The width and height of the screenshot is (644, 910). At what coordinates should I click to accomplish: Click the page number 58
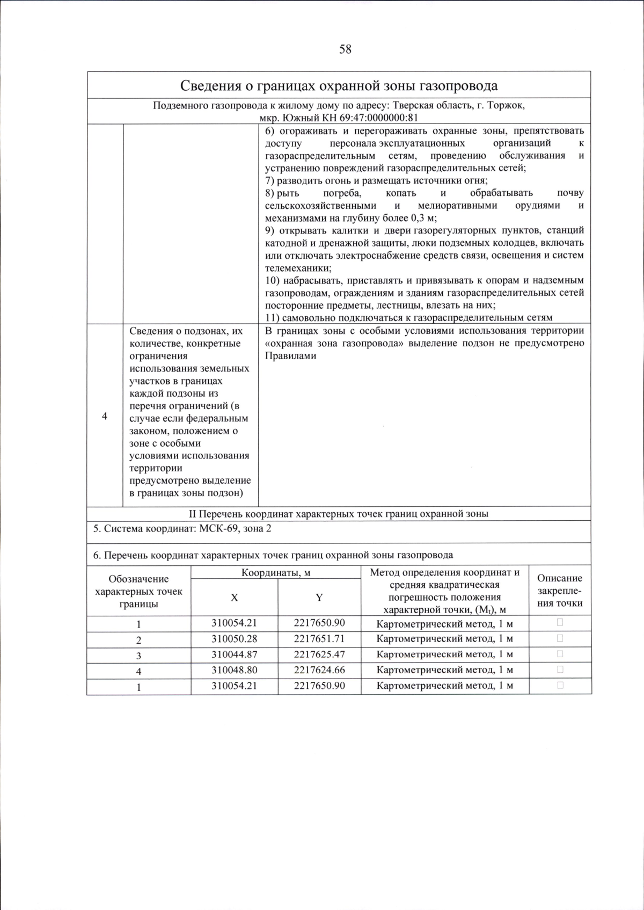(x=345, y=49)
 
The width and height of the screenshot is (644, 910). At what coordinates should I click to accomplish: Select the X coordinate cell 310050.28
(x=234, y=639)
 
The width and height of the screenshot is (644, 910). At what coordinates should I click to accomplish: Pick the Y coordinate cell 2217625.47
(x=319, y=654)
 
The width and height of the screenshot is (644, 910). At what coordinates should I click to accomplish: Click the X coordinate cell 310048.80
(x=234, y=670)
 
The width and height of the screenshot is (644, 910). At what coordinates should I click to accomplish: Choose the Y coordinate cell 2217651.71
(x=319, y=639)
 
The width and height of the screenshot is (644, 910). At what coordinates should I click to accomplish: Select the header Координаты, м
(x=276, y=572)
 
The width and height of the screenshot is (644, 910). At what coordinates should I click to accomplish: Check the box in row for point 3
(x=560, y=654)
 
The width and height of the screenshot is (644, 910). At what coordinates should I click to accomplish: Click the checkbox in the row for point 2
(x=560, y=638)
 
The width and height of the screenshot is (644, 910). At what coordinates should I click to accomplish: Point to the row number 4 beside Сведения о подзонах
(x=105, y=417)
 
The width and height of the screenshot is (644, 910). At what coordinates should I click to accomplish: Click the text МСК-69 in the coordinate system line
(x=217, y=529)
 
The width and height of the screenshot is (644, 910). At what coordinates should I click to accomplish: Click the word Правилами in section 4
(x=290, y=356)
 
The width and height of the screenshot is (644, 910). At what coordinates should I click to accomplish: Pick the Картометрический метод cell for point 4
(x=444, y=670)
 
